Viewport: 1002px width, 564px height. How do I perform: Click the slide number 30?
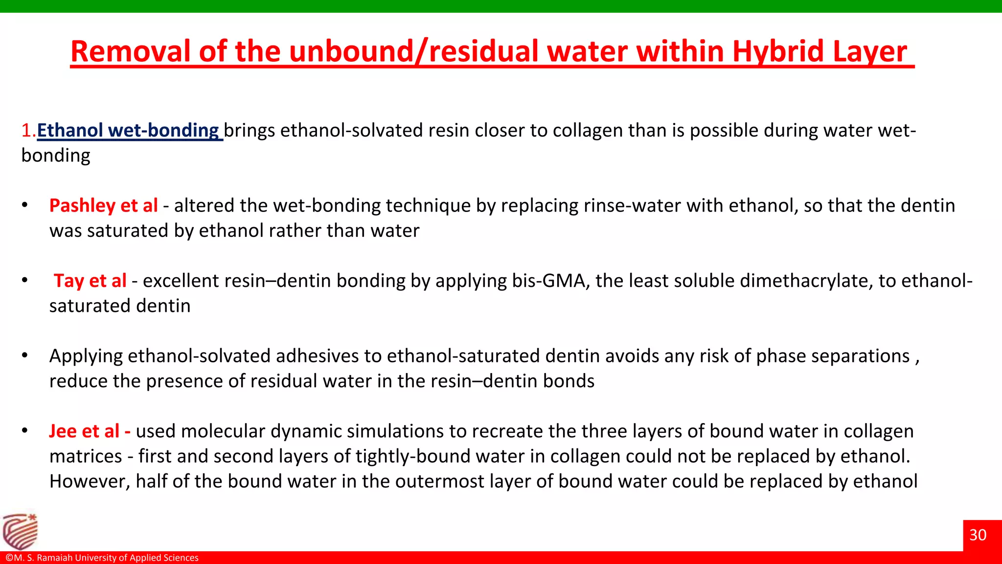tap(978, 535)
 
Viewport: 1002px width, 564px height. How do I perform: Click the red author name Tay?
tap(68, 281)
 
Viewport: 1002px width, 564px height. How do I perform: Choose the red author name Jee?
tap(63, 431)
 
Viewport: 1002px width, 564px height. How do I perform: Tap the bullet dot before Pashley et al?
tap(24, 205)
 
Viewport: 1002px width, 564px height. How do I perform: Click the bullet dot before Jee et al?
tap(24, 431)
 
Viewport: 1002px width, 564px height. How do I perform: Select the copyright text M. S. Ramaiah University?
tap(102, 558)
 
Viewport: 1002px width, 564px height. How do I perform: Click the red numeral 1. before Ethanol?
tap(28, 130)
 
